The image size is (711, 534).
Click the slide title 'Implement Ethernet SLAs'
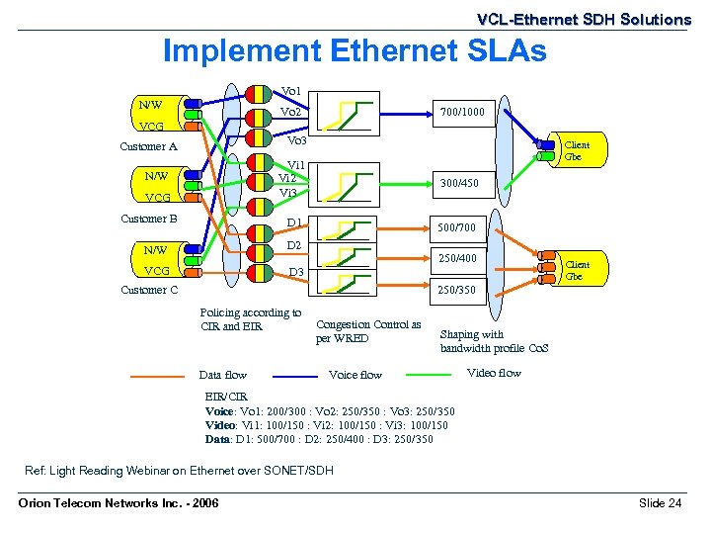354,50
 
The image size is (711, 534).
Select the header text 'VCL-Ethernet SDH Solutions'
584,19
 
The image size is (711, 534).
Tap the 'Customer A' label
148,146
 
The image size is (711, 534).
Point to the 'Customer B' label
148,219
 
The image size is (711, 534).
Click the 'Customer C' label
149,290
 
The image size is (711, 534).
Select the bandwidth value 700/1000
462,113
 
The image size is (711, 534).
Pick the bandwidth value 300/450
459,183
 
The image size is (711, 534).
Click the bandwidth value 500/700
455,228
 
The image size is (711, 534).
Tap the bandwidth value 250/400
455,258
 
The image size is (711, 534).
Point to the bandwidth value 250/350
455,290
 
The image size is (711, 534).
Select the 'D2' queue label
294,244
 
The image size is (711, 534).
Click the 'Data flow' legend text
223,375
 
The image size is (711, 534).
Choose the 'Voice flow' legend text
355,375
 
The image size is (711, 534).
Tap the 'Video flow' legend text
494,373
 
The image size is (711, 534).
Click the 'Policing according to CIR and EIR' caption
250,319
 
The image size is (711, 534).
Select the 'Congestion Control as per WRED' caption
367,331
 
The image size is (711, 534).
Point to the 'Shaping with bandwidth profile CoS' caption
494,341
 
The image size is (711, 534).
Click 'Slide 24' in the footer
660,503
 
